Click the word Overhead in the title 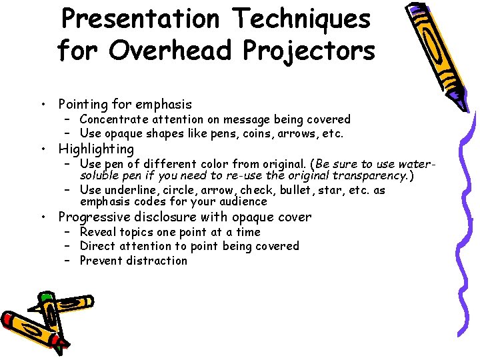161,51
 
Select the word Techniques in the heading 299,19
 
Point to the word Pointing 83,105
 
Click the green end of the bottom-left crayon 45,297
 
